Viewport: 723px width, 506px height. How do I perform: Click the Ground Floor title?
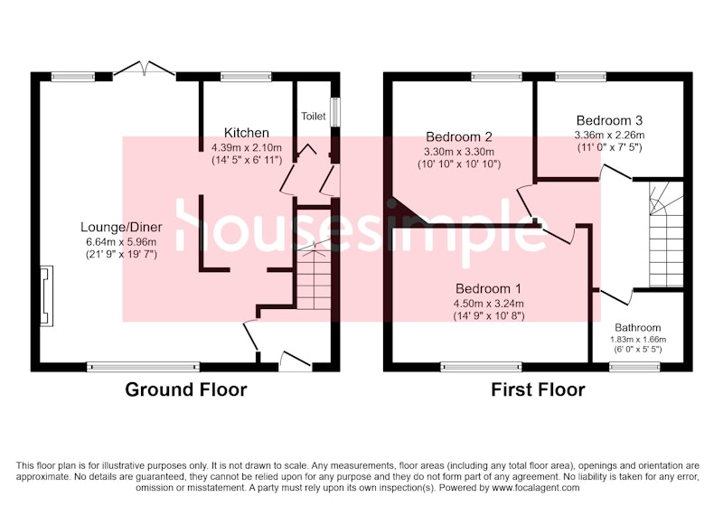[x=186, y=389]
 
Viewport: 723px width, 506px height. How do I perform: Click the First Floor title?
[x=538, y=389]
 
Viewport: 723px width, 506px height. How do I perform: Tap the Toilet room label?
[x=314, y=117]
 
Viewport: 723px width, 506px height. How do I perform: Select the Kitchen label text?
[x=246, y=133]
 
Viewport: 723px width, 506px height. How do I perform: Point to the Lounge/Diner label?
[x=121, y=227]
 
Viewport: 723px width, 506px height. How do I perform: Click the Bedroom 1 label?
[x=488, y=289]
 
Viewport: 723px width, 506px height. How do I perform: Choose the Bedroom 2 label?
[x=459, y=136]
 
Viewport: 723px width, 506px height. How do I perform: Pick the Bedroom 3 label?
[x=609, y=121]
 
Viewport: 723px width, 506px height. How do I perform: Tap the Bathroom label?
[x=638, y=328]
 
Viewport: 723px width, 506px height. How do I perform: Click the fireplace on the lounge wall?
[x=47, y=295]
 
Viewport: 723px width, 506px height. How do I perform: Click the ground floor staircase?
[x=314, y=276]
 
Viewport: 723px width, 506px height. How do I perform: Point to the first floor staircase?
[x=666, y=234]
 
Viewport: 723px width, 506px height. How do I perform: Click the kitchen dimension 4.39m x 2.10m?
[x=246, y=148]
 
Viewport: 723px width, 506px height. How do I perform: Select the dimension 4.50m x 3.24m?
[x=488, y=305]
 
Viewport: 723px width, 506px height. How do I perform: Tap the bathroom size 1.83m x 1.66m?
[x=638, y=340]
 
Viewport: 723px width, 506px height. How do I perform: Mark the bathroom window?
[x=634, y=367]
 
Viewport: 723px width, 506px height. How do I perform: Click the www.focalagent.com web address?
[x=536, y=488]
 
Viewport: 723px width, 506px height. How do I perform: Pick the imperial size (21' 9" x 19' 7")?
[x=121, y=255]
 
